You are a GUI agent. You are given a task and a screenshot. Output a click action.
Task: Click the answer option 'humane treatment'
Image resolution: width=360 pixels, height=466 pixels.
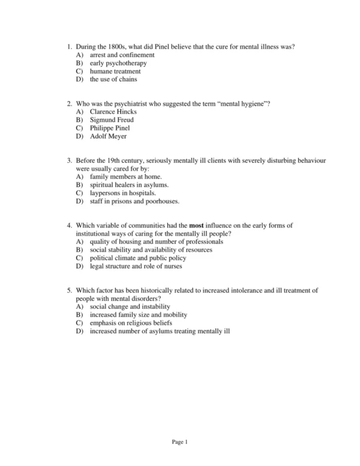click(115, 71)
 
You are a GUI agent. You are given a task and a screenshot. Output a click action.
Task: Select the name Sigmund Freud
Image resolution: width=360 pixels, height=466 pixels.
click(112, 120)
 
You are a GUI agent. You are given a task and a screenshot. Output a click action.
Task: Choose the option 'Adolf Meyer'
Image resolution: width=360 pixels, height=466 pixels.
click(109, 136)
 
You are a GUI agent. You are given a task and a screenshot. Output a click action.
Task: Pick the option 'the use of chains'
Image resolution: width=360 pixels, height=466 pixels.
click(113, 79)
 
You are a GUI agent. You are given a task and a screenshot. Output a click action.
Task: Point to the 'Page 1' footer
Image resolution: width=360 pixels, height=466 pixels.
click(180, 443)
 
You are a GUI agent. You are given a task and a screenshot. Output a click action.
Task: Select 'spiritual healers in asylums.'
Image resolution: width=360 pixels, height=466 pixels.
click(129, 185)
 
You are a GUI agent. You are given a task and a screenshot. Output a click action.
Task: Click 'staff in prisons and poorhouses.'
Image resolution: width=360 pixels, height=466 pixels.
click(134, 201)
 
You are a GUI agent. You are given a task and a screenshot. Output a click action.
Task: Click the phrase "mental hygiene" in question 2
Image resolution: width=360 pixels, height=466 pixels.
click(239, 103)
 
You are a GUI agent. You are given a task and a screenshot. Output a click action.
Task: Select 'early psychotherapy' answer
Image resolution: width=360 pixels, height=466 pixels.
click(118, 62)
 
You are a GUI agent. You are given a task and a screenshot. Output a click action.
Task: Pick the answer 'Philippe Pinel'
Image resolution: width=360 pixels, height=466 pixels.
click(110, 128)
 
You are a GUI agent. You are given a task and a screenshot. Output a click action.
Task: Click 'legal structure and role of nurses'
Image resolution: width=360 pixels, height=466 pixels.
click(136, 266)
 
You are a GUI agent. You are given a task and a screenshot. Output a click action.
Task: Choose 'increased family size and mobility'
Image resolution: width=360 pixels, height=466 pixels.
click(139, 315)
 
